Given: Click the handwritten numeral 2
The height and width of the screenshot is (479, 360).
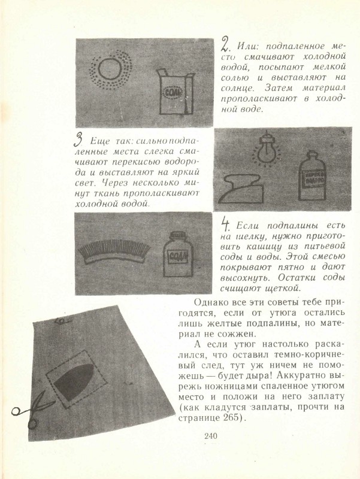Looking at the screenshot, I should pyautogui.click(x=225, y=44).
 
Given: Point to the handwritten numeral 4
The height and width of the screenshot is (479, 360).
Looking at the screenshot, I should pyautogui.click(x=226, y=225).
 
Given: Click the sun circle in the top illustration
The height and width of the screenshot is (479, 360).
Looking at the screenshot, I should pyautogui.click(x=111, y=72).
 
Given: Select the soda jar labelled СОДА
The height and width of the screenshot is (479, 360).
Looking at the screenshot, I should pyautogui.click(x=178, y=257).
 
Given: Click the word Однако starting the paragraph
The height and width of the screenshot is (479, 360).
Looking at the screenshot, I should pyautogui.click(x=214, y=301).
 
